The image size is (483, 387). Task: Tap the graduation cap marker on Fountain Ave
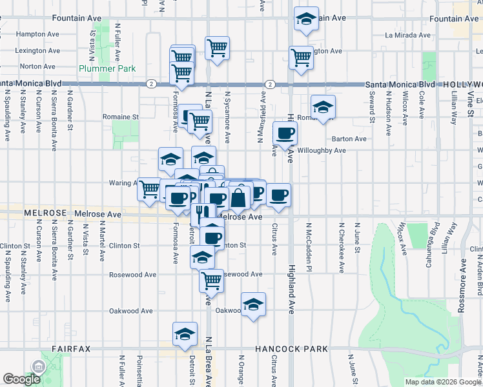pos(305,19)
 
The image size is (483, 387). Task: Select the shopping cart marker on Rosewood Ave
pos(212,281)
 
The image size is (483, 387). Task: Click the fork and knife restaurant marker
pos(203,213)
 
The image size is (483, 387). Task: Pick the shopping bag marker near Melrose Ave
pos(238,197)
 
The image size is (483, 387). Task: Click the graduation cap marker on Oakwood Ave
pos(253,305)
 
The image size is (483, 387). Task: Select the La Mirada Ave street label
pos(407,35)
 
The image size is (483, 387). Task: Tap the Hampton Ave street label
pos(34,35)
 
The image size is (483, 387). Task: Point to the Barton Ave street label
pos(349,139)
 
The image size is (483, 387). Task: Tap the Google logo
pos(21,379)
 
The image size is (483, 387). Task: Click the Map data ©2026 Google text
pos(443,382)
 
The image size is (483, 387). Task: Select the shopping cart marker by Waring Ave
pos(150,189)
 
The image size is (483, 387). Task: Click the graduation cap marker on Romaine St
pos(323,106)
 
